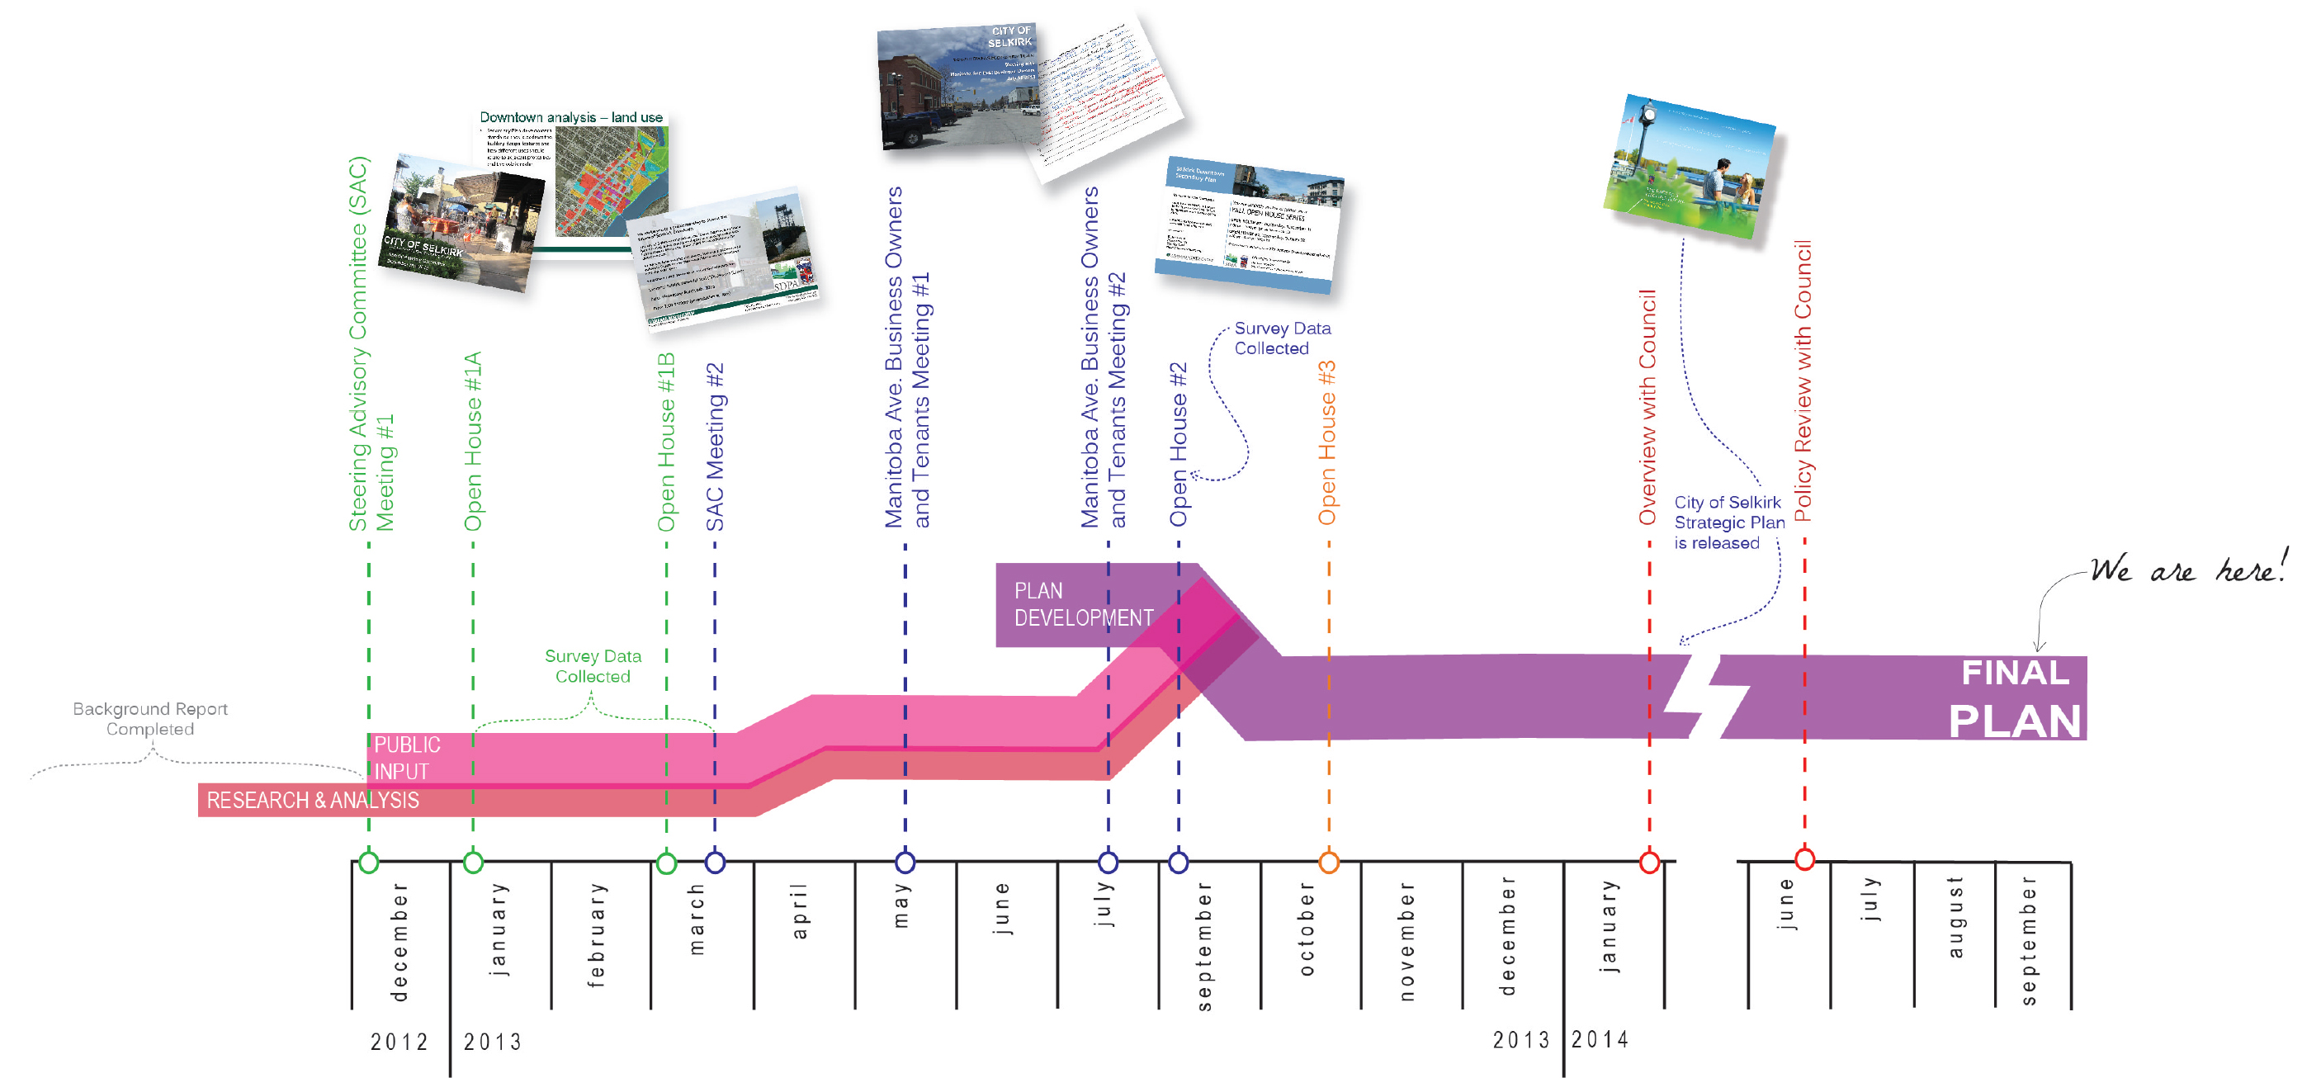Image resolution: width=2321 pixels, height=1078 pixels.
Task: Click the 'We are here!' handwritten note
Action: coord(2186,570)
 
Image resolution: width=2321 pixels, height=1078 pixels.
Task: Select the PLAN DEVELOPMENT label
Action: coord(1083,604)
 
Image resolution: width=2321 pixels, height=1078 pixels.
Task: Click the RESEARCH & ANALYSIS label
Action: coord(313,801)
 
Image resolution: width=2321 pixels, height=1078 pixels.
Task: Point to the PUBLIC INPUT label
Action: coord(406,758)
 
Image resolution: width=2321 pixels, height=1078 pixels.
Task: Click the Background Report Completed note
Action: coord(150,718)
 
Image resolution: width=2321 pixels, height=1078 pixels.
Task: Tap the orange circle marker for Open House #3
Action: coord(1328,863)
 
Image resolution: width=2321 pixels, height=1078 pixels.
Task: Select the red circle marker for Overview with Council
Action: coord(1649,863)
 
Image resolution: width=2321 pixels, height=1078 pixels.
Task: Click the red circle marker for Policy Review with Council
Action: coord(1803,859)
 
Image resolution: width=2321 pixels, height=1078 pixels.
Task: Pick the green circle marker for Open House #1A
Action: coord(473,863)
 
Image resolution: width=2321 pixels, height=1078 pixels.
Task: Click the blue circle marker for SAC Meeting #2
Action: coord(715,863)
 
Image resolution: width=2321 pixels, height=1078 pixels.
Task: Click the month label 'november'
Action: coord(1406,941)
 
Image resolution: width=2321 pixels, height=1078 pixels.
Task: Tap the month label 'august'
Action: coord(1955,917)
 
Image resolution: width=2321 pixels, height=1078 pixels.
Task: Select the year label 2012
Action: coord(399,1042)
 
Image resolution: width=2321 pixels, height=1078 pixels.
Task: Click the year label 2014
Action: coord(1600,1039)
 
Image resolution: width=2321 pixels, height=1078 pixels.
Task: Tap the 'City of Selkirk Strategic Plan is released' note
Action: coord(1728,522)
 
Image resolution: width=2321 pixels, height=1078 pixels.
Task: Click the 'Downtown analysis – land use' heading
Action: coord(570,117)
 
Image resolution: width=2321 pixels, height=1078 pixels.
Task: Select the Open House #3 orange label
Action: coord(1327,443)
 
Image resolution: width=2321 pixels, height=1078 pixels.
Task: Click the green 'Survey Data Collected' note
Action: coord(593,666)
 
